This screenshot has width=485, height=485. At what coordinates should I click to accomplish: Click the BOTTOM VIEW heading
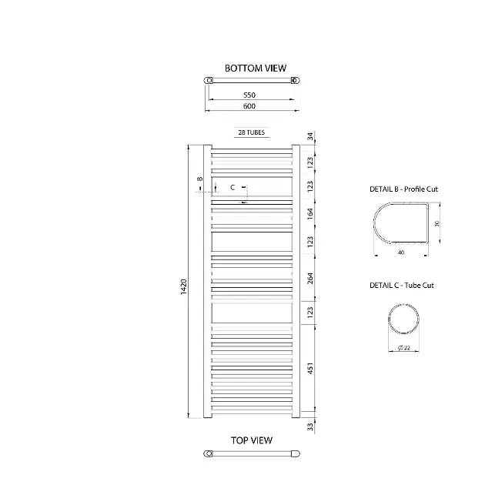(256, 69)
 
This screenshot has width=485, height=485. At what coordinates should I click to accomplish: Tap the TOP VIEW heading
(252, 440)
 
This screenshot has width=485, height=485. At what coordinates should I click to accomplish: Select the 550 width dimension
(249, 95)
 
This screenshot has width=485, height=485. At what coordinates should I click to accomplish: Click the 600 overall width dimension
(249, 106)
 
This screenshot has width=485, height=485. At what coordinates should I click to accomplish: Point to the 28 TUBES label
(252, 132)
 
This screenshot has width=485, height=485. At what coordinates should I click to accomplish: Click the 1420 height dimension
(184, 286)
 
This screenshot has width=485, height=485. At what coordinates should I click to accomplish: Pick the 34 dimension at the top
(310, 136)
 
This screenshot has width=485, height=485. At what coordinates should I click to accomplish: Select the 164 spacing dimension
(310, 214)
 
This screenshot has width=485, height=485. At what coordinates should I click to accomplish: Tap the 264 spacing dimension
(310, 278)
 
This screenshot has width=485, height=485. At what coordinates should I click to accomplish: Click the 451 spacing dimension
(310, 369)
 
